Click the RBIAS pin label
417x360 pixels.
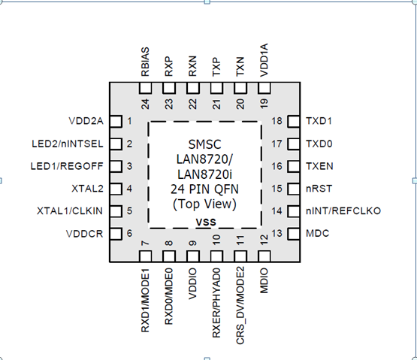pyautogui.click(x=145, y=61)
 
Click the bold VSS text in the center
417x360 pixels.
pyautogui.click(x=204, y=222)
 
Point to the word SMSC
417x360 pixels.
pyautogui.click(x=204, y=144)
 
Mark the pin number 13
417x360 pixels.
pyautogui.click(x=276, y=234)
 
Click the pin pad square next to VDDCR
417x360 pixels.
pyautogui.click(x=116, y=234)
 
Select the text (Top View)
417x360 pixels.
pyautogui.click(x=204, y=204)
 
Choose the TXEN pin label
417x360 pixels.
pyautogui.click(x=319, y=166)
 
